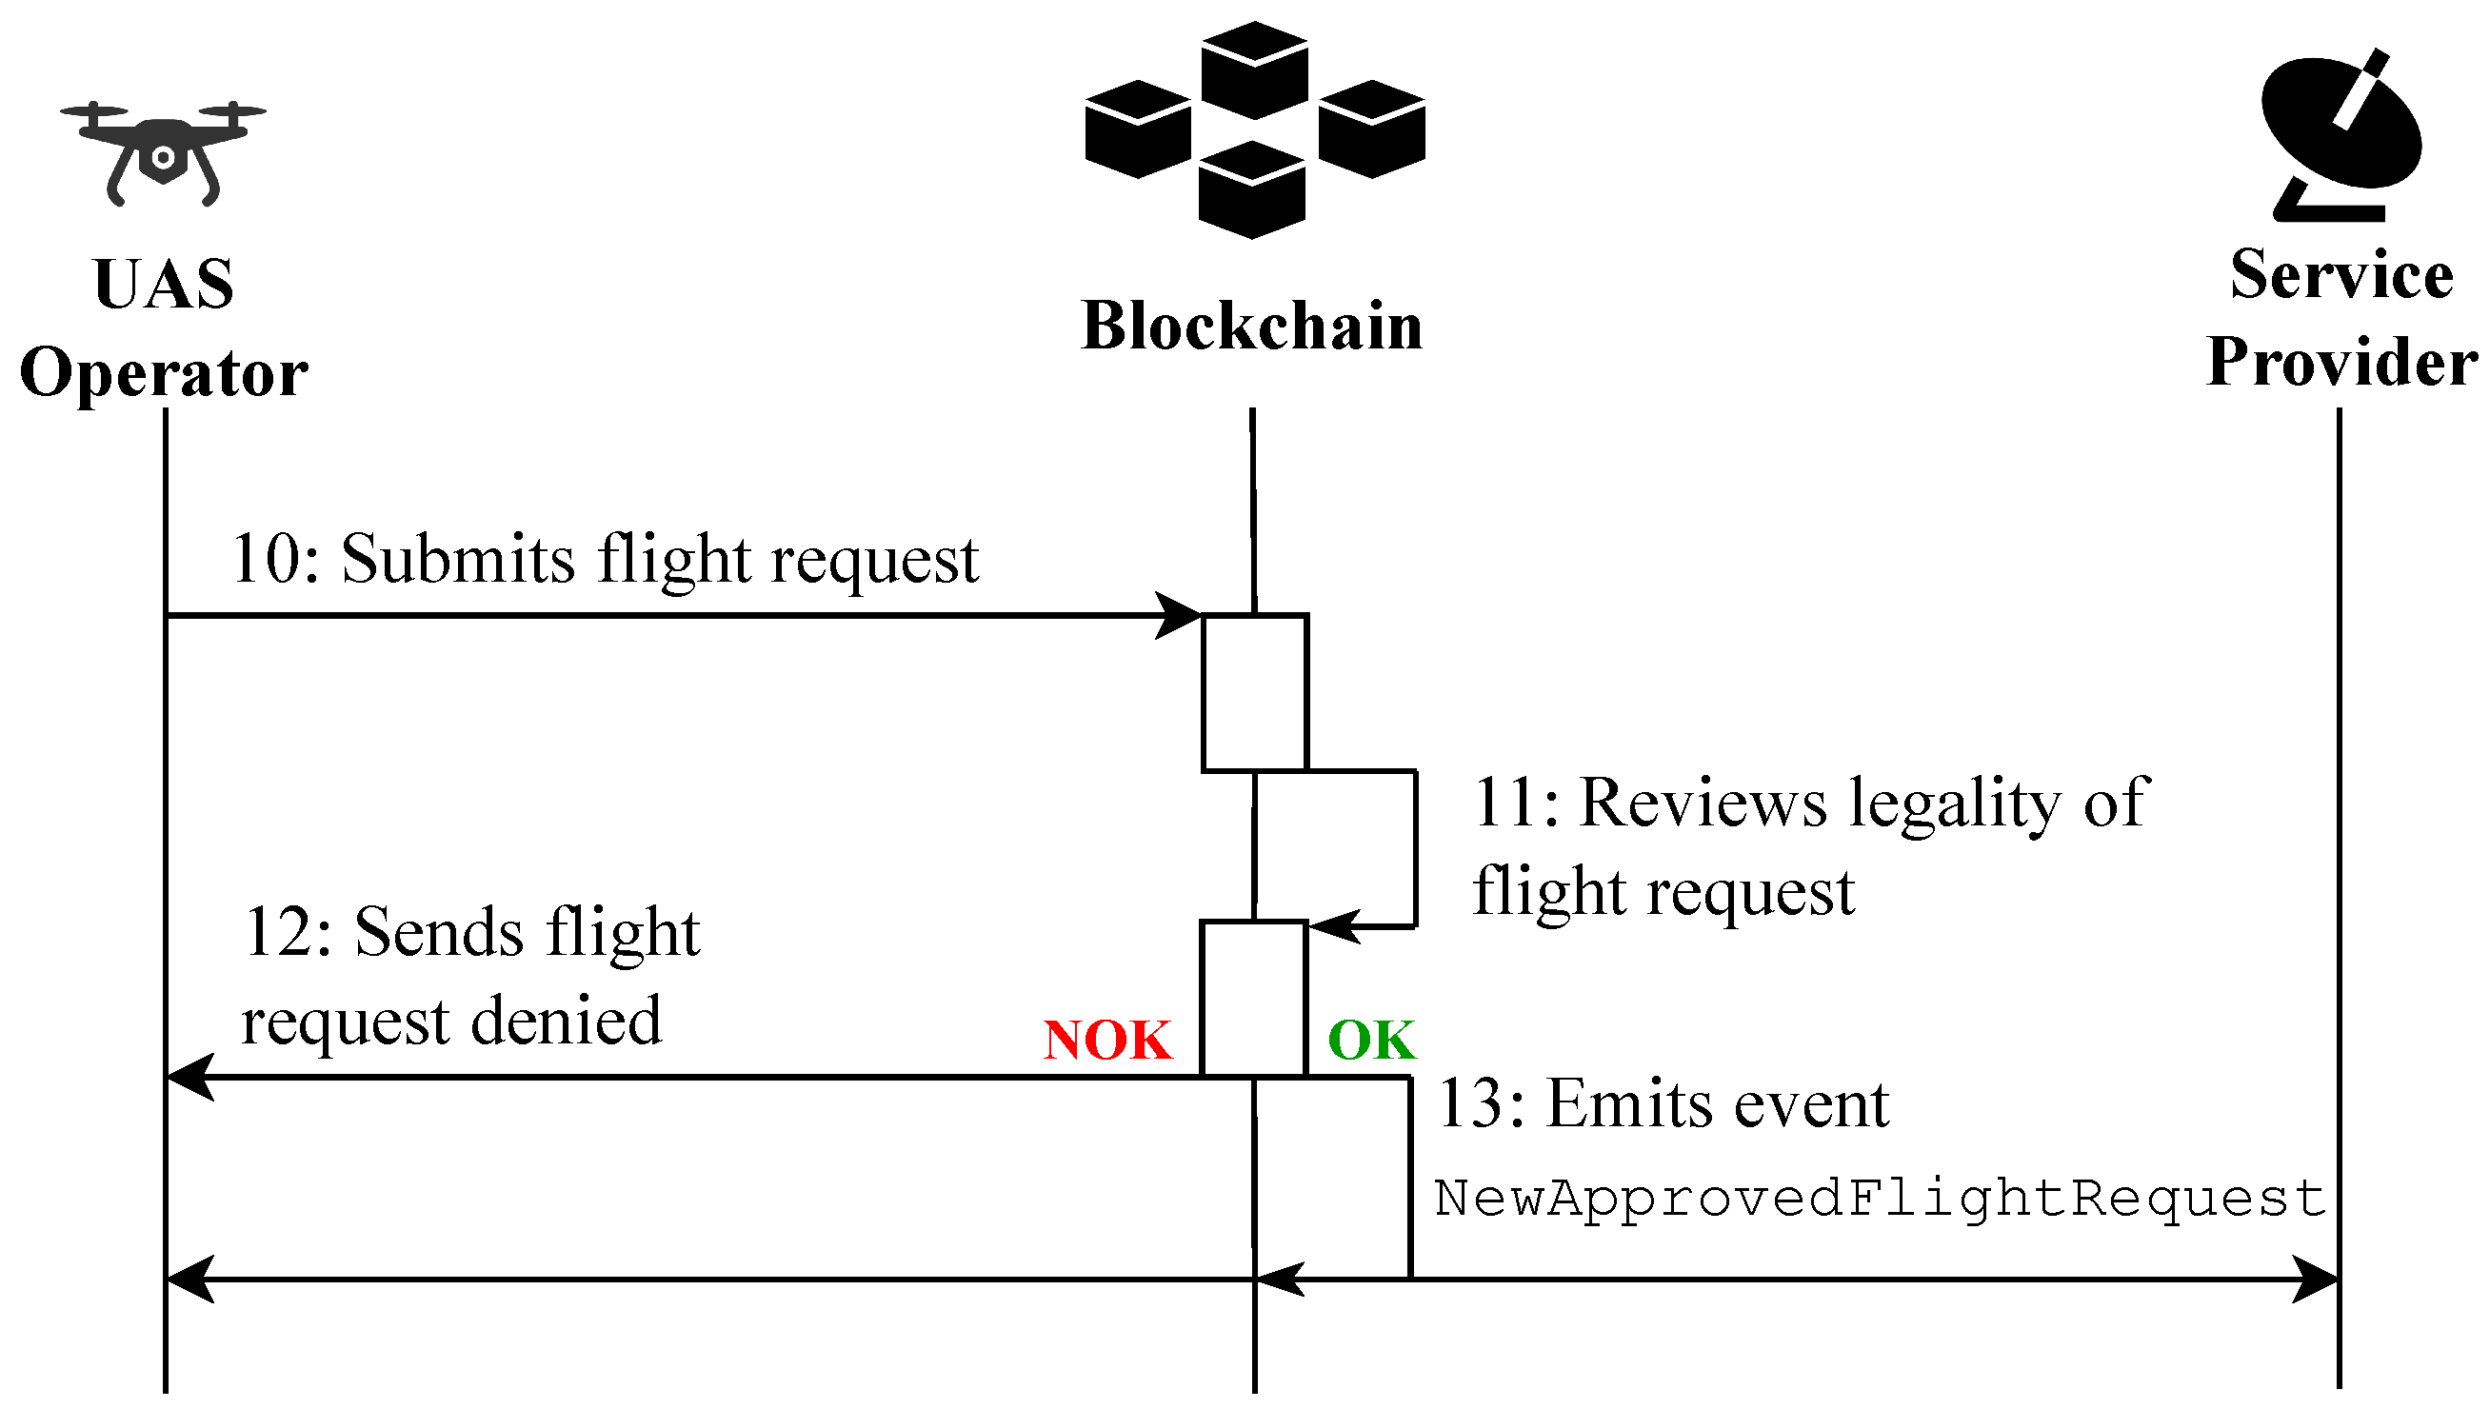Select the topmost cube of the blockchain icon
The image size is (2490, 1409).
point(1254,69)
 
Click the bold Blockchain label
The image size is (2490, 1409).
point(1251,327)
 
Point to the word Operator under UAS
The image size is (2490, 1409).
point(164,374)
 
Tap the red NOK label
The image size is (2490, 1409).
point(1107,1041)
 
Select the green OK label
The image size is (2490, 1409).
point(1371,1041)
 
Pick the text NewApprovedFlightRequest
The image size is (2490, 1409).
point(1879,1198)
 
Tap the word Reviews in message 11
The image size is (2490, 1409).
point(1703,804)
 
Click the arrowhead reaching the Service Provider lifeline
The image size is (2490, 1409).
point(2318,1280)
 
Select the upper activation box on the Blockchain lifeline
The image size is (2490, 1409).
point(1254,693)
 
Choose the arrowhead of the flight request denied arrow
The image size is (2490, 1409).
point(189,1077)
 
